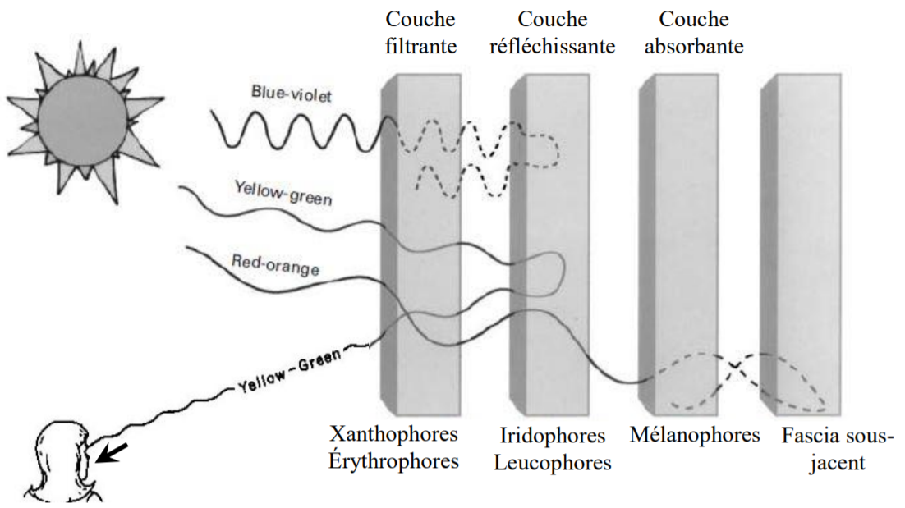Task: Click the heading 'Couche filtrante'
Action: pos(420,32)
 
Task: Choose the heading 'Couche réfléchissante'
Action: pos(552,32)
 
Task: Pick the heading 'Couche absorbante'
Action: pos(694,32)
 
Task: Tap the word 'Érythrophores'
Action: pos(393,460)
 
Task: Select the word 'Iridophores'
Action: pos(552,435)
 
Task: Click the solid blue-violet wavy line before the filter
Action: pos(296,131)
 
